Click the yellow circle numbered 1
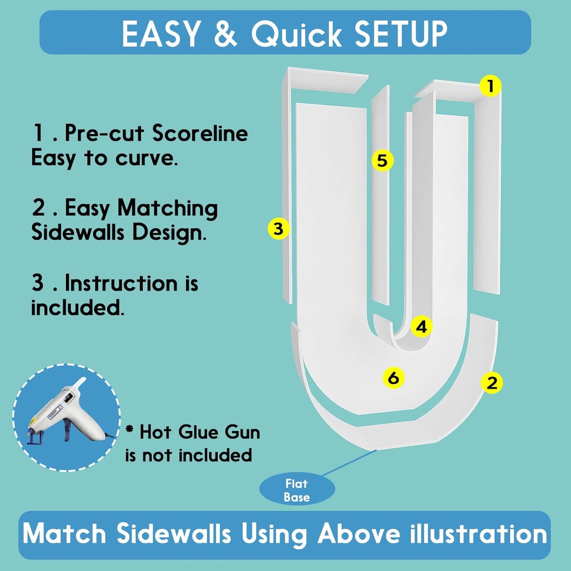pyautogui.click(x=490, y=86)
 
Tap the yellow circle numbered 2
pyautogui.click(x=492, y=383)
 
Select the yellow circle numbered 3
pyautogui.click(x=279, y=228)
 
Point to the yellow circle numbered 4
pyautogui.click(x=421, y=327)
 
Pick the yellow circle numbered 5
pyautogui.click(x=383, y=160)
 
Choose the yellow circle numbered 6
pyautogui.click(x=393, y=378)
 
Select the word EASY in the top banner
pyautogui.click(x=160, y=34)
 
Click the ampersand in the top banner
pyautogui.click(x=224, y=34)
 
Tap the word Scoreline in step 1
pyautogui.click(x=200, y=134)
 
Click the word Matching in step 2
pyautogui.click(x=168, y=209)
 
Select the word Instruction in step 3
pyautogui.click(x=121, y=283)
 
